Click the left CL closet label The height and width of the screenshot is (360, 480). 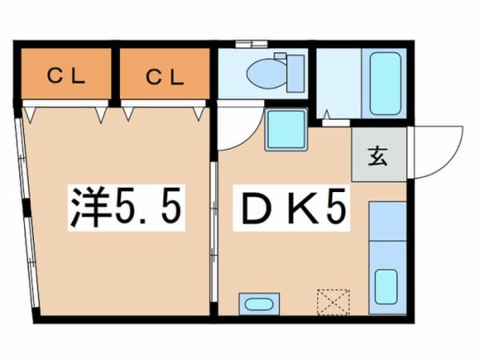(x=66, y=76)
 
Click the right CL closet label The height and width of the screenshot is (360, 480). (x=165, y=77)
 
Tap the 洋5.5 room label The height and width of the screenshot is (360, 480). (x=126, y=207)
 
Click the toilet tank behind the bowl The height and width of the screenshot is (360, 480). (x=295, y=74)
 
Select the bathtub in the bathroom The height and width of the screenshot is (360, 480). (x=385, y=83)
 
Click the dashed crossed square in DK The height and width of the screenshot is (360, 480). (x=334, y=302)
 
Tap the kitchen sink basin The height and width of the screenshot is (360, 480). (x=386, y=286)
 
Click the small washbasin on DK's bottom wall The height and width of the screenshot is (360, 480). (x=259, y=304)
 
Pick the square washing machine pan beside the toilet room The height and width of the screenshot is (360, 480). (x=286, y=129)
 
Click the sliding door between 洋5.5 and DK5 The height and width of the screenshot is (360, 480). (x=214, y=232)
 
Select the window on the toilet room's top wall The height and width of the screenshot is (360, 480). (x=252, y=44)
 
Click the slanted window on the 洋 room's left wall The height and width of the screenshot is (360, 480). (x=27, y=213)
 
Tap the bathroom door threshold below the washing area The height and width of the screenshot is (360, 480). (x=336, y=123)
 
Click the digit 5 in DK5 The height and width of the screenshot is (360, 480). (x=337, y=206)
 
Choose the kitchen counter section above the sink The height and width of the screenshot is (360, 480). (x=387, y=221)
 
